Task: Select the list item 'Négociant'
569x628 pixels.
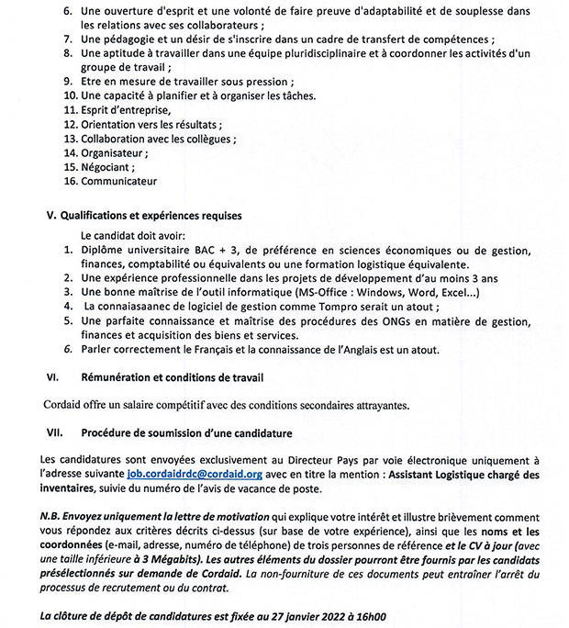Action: pos(107,167)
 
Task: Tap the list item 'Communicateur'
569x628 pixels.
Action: pos(118,181)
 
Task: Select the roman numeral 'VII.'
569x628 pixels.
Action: pos(57,432)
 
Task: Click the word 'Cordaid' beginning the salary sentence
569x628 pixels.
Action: pos(65,405)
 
